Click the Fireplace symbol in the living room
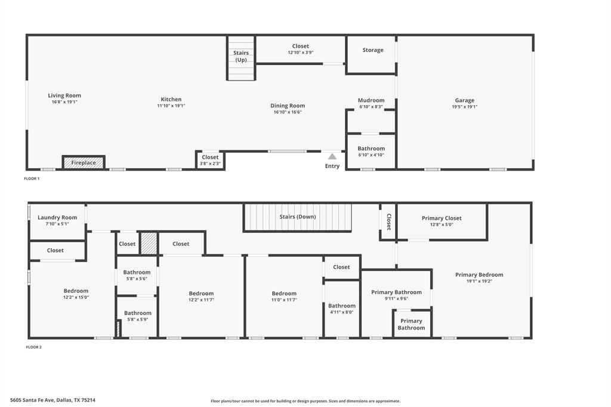coord(84,162)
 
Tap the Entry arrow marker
coord(332,156)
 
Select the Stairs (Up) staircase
coord(241,58)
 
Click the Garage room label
coord(465,100)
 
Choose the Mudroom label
coord(371,100)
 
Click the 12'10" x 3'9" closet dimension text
coord(301,53)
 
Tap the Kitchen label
coord(171,100)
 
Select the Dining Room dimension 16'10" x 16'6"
coord(288,112)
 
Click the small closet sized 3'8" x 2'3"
coord(210,160)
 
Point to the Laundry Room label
coord(57,217)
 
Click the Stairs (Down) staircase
coord(297,217)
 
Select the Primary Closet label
coord(442,218)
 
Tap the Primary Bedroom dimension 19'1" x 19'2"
coord(479,281)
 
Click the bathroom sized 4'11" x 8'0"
coord(341,309)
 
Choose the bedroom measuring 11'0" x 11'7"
coord(284,297)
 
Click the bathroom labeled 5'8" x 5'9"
coord(138,316)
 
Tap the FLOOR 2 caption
coord(33,347)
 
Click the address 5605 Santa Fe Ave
coord(53,400)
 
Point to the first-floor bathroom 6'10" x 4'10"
coord(371,152)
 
